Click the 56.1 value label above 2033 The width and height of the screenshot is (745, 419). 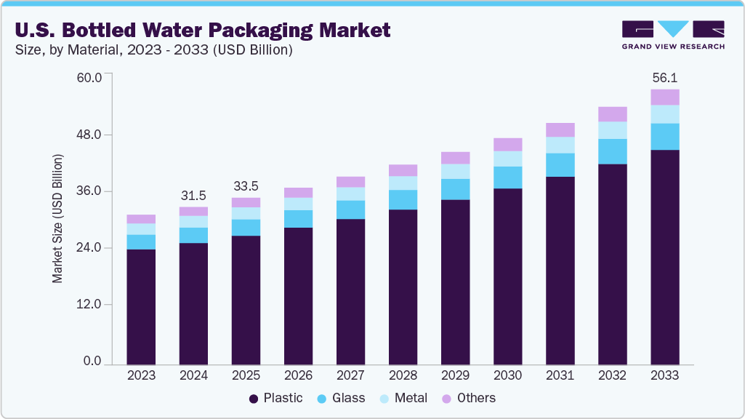pos(664,77)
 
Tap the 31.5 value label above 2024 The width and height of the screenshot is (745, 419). pos(193,195)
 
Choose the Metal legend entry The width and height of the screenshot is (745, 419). pos(403,398)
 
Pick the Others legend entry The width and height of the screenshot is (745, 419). pos(469,398)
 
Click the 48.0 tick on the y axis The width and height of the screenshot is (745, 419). pos(92,135)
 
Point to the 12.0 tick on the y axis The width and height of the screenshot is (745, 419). pos(92,305)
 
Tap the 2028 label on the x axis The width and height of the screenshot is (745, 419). pos(403,375)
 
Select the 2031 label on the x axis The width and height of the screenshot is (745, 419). pos(560,375)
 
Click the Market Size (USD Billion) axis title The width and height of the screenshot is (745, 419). pos(57,219)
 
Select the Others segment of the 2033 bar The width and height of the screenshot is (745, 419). pos(664,97)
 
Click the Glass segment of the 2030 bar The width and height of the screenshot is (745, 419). pos(507,177)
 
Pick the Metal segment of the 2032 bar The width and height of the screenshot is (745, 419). pos(612,129)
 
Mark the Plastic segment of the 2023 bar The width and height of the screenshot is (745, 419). pos(141,306)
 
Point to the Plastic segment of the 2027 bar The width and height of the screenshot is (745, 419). pos(350,291)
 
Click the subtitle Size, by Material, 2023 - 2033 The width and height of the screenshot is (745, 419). pos(153,50)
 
